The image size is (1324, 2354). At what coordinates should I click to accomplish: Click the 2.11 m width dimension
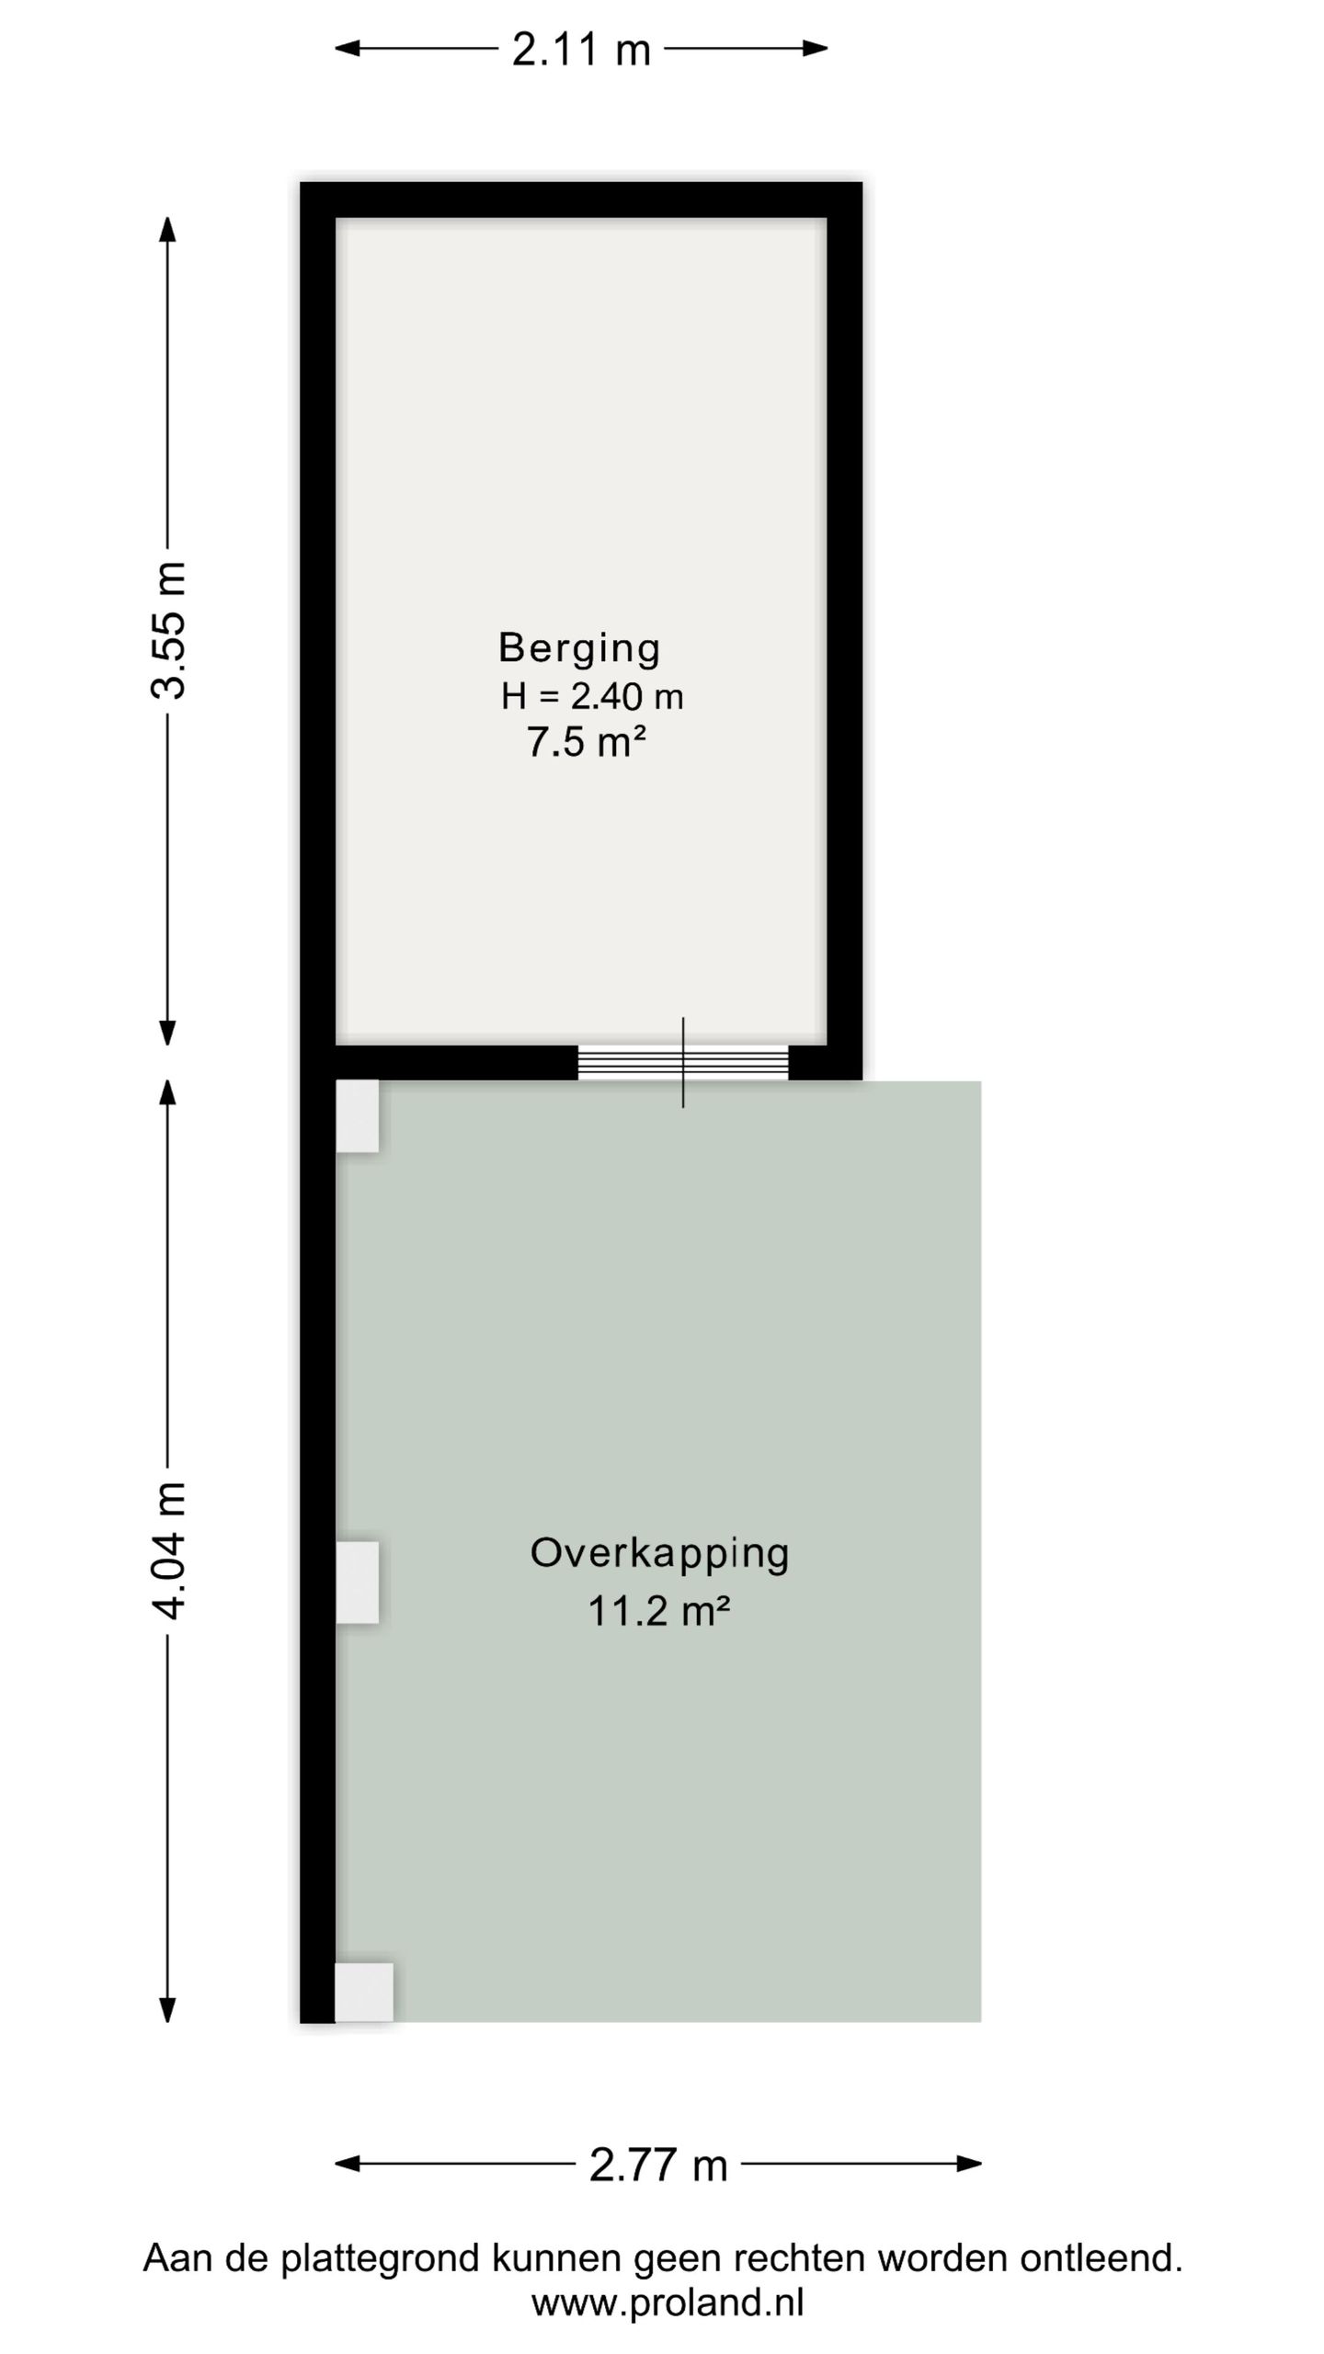[x=581, y=49]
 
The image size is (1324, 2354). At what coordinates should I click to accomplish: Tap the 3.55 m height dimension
[x=169, y=630]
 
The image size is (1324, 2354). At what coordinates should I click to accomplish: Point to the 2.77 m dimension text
[x=658, y=2165]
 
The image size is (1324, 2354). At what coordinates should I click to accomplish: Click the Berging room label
[x=579, y=648]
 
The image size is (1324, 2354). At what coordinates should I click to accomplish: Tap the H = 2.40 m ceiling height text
[x=592, y=696]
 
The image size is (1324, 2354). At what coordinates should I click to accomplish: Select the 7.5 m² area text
[x=586, y=742]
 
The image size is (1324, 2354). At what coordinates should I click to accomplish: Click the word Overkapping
[x=660, y=1553]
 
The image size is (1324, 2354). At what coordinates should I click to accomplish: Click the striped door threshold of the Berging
[x=682, y=1062]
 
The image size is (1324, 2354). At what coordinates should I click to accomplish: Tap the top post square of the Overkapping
[x=357, y=1115]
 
